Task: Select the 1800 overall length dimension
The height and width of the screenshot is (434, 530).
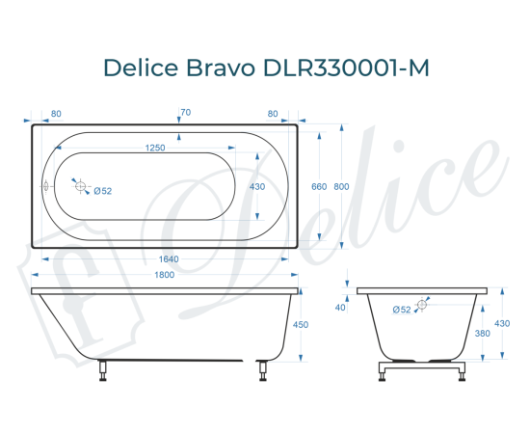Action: [164, 276]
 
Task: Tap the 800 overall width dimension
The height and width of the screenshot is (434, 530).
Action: [341, 186]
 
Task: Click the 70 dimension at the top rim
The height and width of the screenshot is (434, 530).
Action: [185, 114]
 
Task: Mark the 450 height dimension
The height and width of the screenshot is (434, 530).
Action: [300, 325]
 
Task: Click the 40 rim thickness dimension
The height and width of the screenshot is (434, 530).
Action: [341, 308]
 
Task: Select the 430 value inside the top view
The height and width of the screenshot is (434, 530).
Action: [257, 186]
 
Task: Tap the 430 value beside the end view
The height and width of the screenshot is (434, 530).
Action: [501, 324]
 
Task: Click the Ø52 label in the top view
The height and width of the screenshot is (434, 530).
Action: [103, 191]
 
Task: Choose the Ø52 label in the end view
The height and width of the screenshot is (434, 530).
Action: [403, 309]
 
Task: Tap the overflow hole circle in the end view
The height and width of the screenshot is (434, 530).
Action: [422, 304]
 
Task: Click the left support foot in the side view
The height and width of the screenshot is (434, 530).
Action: [104, 371]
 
